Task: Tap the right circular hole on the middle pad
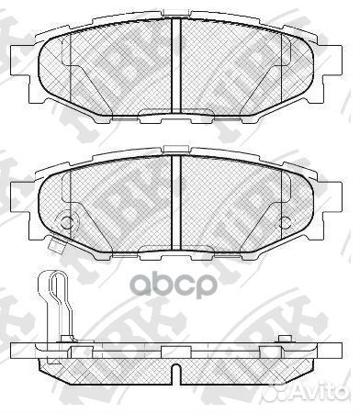pos(287,221)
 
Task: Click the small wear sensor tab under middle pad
pos(55,244)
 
